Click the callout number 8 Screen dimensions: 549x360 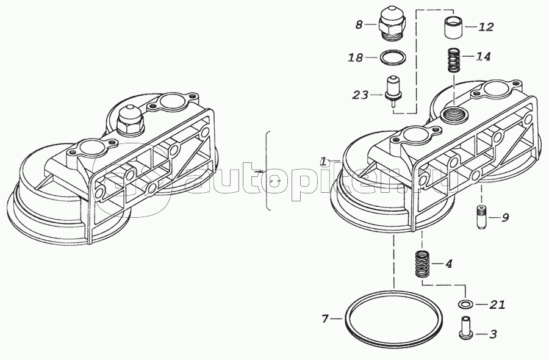(359, 25)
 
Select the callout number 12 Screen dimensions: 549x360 (486, 27)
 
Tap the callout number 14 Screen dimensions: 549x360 (483, 57)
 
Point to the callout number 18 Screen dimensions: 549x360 (356, 58)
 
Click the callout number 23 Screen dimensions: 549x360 (359, 95)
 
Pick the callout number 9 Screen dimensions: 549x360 (505, 217)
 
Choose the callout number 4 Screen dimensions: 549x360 (448, 264)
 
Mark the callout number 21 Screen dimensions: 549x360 (497, 304)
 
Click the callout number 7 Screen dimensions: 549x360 (325, 319)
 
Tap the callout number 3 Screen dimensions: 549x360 (493, 334)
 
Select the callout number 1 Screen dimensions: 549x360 (323, 161)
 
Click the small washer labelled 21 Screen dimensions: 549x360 (465, 304)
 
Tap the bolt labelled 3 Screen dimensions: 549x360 (465, 331)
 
